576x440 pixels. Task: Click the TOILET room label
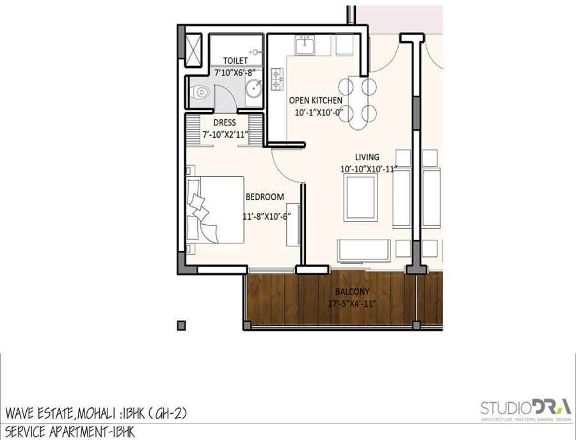tap(236, 60)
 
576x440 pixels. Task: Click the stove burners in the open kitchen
tap(277, 79)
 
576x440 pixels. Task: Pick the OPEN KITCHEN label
tap(316, 100)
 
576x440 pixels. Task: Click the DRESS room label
tap(225, 122)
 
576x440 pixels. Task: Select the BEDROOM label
tap(264, 197)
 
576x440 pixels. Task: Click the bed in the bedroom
tap(215, 209)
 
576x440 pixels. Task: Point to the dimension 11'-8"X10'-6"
tap(267, 216)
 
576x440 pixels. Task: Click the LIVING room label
tap(367, 157)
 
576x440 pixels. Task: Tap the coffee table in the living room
tap(360, 197)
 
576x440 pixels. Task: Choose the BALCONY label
tap(352, 292)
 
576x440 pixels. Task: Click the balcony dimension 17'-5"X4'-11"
tap(352, 304)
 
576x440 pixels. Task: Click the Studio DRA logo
tap(526, 409)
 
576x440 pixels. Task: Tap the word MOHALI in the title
tap(96, 414)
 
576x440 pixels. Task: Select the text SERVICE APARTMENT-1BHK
tap(70, 432)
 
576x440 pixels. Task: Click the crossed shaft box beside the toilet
tap(193, 50)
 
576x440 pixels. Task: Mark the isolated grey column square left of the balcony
tap(182, 325)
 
